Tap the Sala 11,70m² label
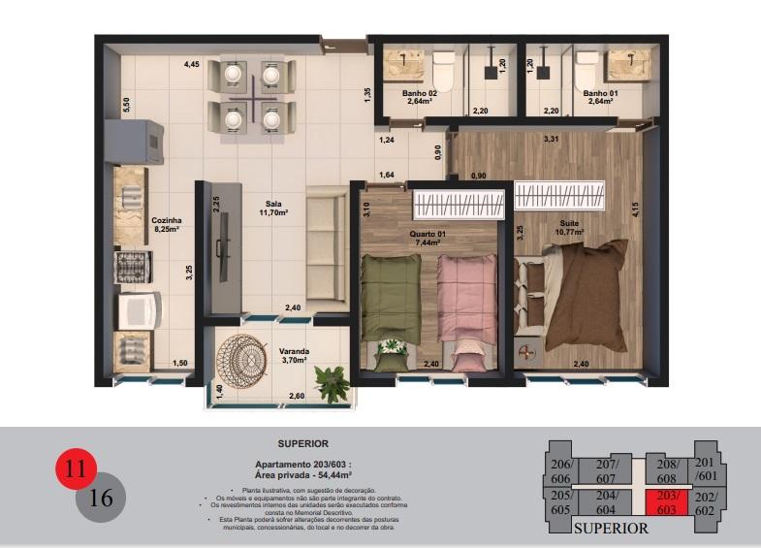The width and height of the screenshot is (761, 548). (269, 208)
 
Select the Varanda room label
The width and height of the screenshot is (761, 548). (295, 356)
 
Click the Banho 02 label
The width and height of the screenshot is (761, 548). (419, 97)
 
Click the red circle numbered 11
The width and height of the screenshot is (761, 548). (77, 471)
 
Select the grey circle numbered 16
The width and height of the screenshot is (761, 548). (101, 499)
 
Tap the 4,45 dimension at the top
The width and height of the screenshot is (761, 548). (192, 64)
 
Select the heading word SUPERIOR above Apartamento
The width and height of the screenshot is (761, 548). (302, 443)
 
